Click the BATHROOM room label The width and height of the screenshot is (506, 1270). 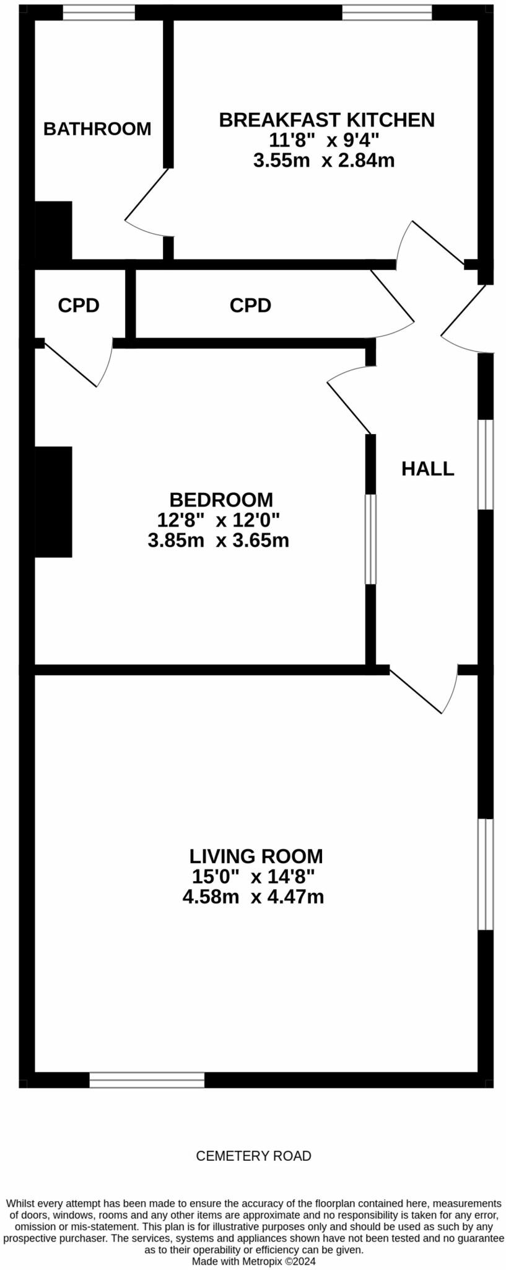click(97, 128)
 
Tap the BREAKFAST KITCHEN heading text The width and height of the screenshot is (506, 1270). click(326, 120)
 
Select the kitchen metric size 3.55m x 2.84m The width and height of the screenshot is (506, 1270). click(323, 161)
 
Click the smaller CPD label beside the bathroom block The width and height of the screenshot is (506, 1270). click(79, 305)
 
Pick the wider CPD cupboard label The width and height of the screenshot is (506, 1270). click(250, 305)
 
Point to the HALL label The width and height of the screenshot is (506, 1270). click(427, 469)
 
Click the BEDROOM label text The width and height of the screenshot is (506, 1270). click(220, 499)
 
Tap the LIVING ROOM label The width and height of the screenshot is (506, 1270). click(256, 856)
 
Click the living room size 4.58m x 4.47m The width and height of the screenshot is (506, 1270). click(253, 897)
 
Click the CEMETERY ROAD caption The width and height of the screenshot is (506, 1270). click(253, 1156)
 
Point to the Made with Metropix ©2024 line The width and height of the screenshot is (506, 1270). click(253, 1261)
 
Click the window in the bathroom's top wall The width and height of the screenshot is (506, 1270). click(99, 12)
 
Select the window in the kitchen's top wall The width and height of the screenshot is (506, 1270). click(387, 12)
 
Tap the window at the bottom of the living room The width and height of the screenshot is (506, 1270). click(147, 1080)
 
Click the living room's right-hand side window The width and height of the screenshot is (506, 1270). click(486, 874)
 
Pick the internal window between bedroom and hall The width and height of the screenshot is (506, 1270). click(370, 539)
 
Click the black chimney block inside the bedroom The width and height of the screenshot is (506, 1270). click(53, 502)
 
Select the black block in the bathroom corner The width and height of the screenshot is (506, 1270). click(53, 231)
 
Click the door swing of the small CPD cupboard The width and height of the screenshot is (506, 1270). click(81, 363)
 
